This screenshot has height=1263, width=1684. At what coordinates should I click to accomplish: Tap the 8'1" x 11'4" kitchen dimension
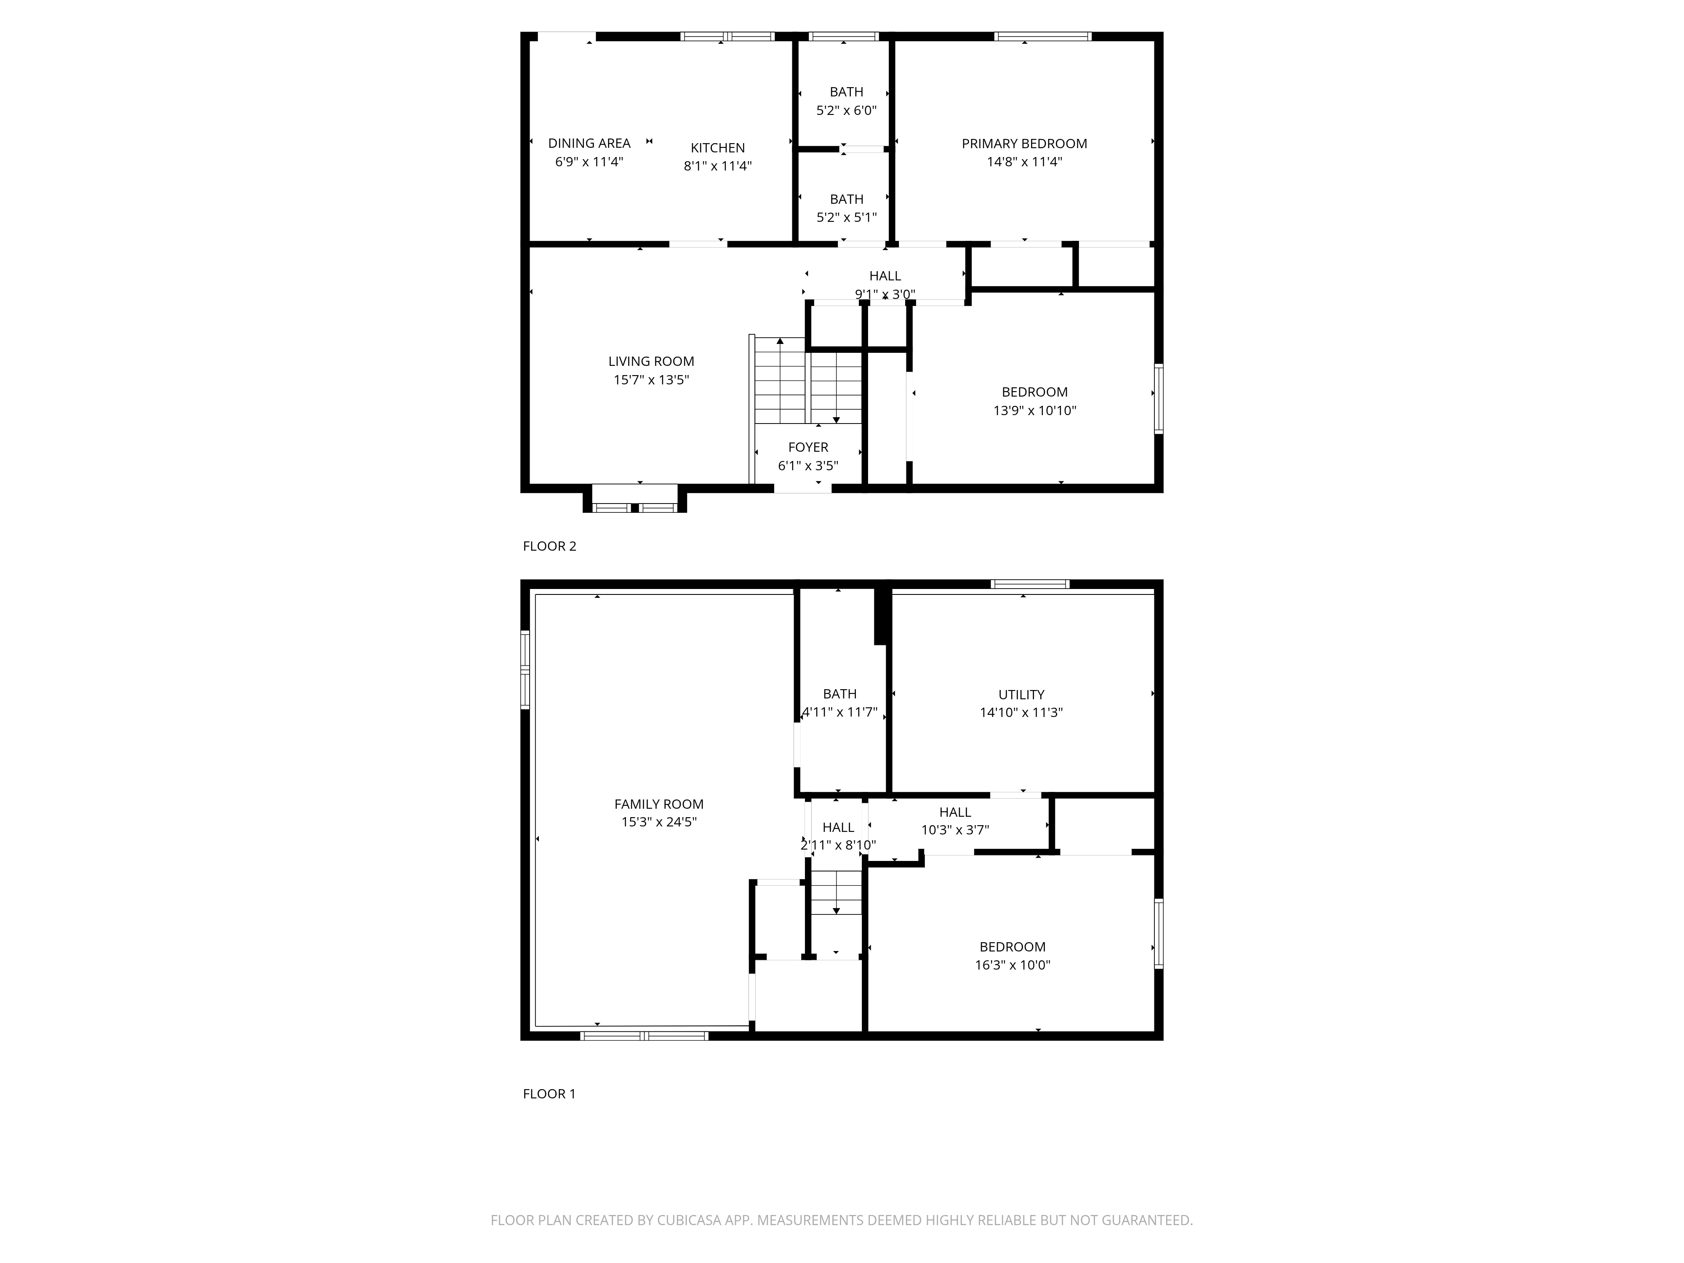click(717, 166)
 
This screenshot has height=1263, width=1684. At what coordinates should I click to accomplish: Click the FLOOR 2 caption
click(549, 546)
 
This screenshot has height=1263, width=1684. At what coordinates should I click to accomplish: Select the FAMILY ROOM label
click(658, 804)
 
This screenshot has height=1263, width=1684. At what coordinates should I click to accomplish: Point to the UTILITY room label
click(1021, 694)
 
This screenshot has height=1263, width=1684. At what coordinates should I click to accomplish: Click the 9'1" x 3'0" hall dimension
click(885, 294)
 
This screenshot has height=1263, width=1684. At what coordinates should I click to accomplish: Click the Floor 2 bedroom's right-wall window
click(1158, 399)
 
